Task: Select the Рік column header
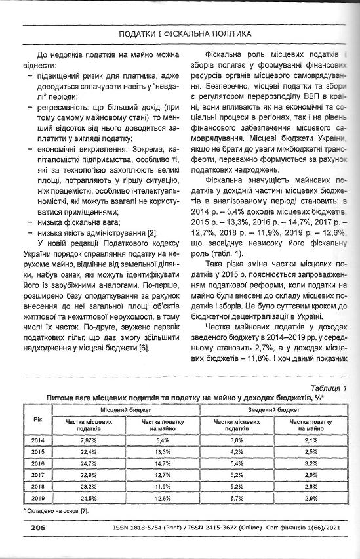pyautogui.click(x=37, y=417)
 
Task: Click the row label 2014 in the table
pyautogui.click(x=37, y=440)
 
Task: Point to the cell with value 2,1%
pyautogui.click(x=311, y=440)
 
